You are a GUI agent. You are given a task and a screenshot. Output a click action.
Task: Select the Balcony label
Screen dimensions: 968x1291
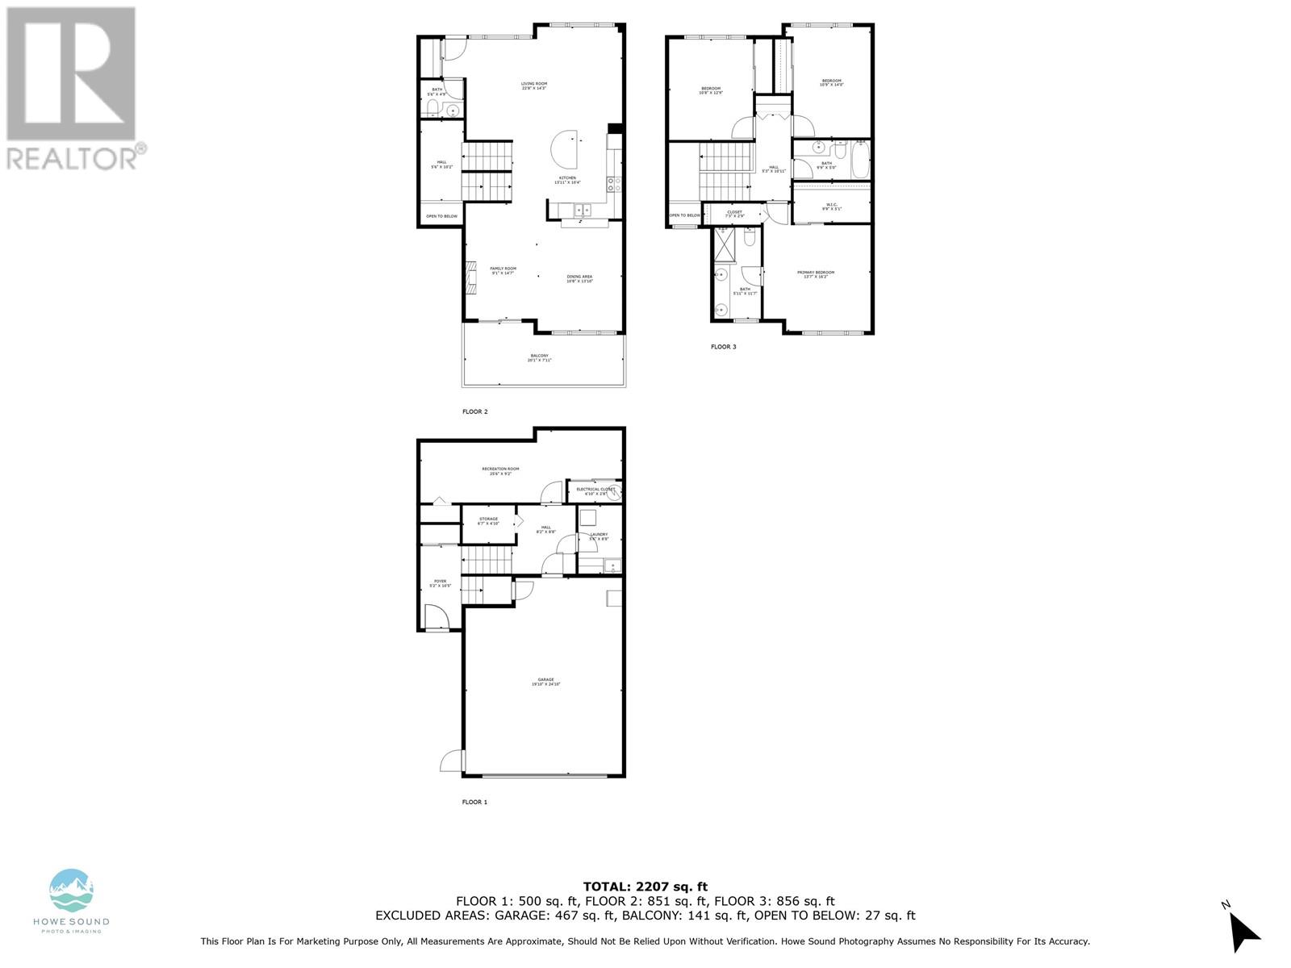pos(539,357)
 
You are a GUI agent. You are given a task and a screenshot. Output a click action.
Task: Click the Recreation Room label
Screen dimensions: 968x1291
pos(500,470)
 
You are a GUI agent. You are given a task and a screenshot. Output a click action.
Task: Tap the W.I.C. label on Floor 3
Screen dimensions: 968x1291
pos(831,206)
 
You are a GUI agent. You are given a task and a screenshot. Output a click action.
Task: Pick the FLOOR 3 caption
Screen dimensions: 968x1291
pos(723,347)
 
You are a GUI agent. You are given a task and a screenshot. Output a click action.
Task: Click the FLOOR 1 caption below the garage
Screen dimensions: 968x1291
pos(474,802)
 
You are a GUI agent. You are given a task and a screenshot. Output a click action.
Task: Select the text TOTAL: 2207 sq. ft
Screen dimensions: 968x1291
pos(645,887)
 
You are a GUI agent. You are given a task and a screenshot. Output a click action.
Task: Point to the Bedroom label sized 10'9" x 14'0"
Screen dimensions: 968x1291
pos(831,82)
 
